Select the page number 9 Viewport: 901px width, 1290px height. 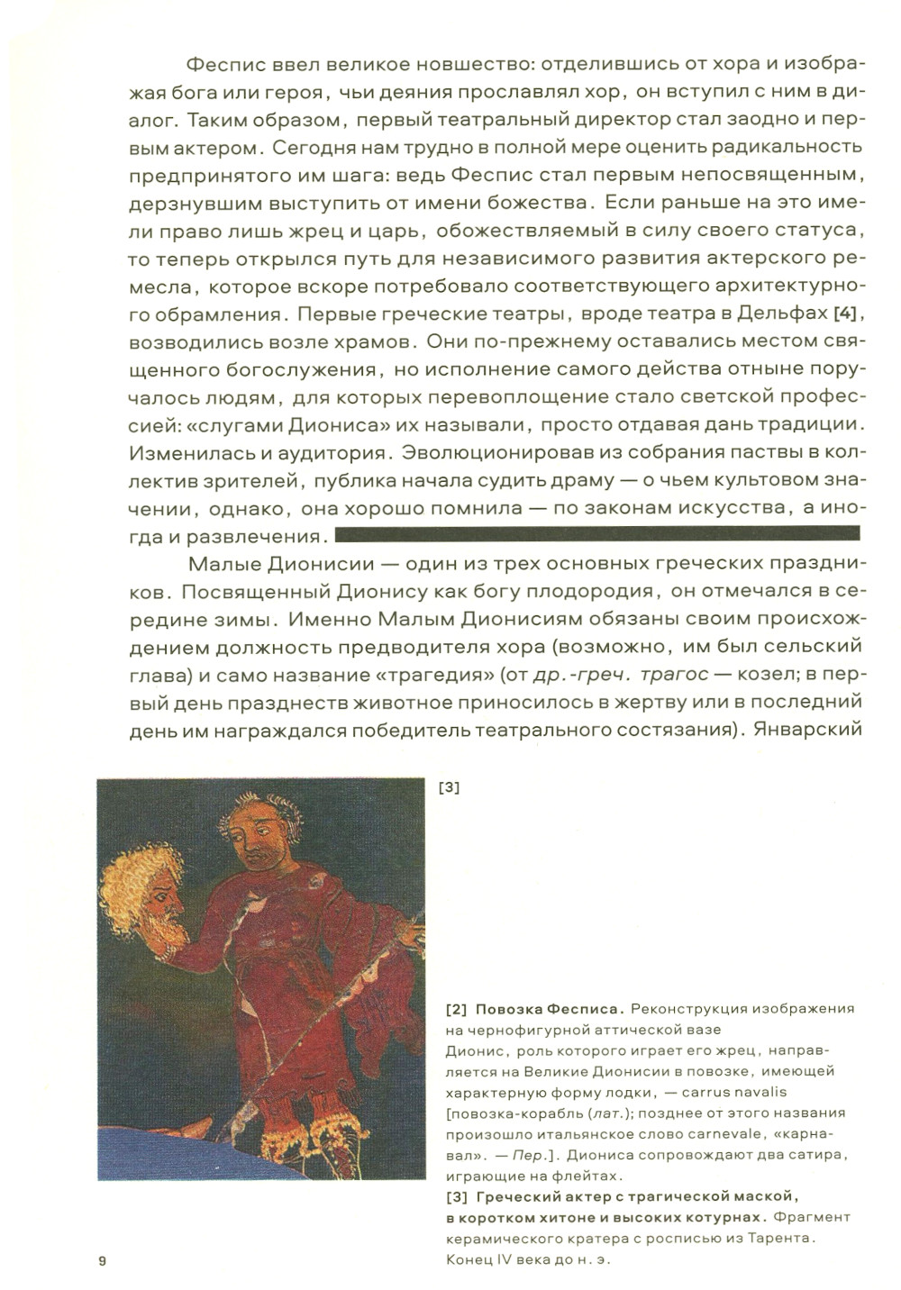(102, 1260)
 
